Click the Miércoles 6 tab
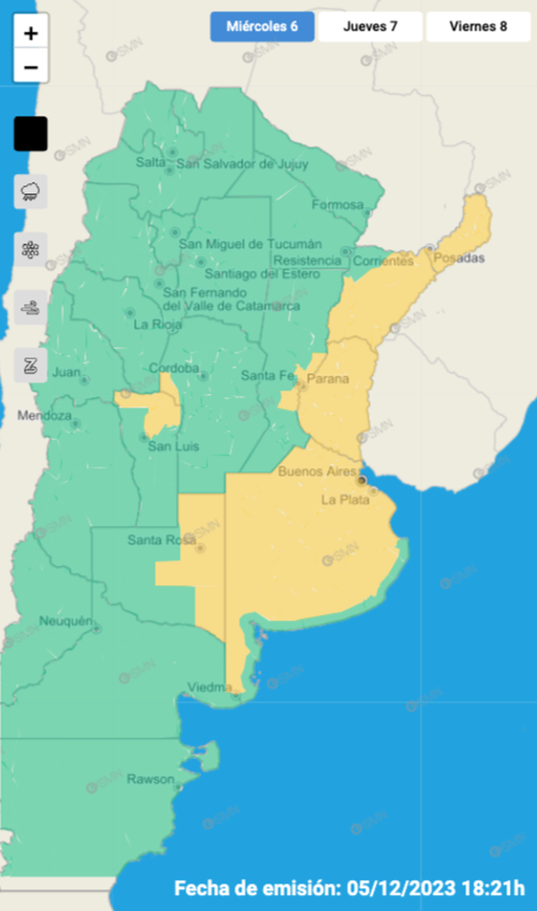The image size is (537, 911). pyautogui.click(x=262, y=26)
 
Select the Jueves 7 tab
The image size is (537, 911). pyautogui.click(x=370, y=26)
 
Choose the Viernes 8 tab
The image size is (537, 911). pyautogui.click(x=478, y=26)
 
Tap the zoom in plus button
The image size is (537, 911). pyautogui.click(x=31, y=34)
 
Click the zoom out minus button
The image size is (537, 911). pyautogui.click(x=31, y=67)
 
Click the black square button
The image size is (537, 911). pyautogui.click(x=31, y=134)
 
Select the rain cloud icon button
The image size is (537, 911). pyautogui.click(x=31, y=191)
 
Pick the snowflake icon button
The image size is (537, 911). pyautogui.click(x=31, y=249)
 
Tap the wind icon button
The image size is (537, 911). pyautogui.click(x=31, y=307)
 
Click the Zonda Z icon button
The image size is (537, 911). pyautogui.click(x=31, y=365)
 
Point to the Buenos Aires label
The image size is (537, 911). pyautogui.click(x=316, y=471)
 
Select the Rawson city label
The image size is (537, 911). pyautogui.click(x=144, y=779)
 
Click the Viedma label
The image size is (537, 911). pyautogui.click(x=209, y=688)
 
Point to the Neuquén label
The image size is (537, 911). pyautogui.click(x=66, y=621)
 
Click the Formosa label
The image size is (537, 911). pyautogui.click(x=337, y=205)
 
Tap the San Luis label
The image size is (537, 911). pyautogui.click(x=173, y=447)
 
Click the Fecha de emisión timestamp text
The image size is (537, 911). pyautogui.click(x=349, y=886)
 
